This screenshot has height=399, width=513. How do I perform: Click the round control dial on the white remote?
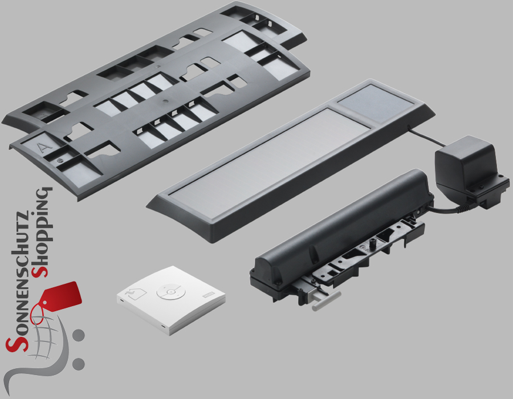169,292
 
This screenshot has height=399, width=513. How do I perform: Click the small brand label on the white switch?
207,295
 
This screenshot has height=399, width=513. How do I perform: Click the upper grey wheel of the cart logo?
79,336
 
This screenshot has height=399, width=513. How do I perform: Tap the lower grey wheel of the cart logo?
78,364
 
